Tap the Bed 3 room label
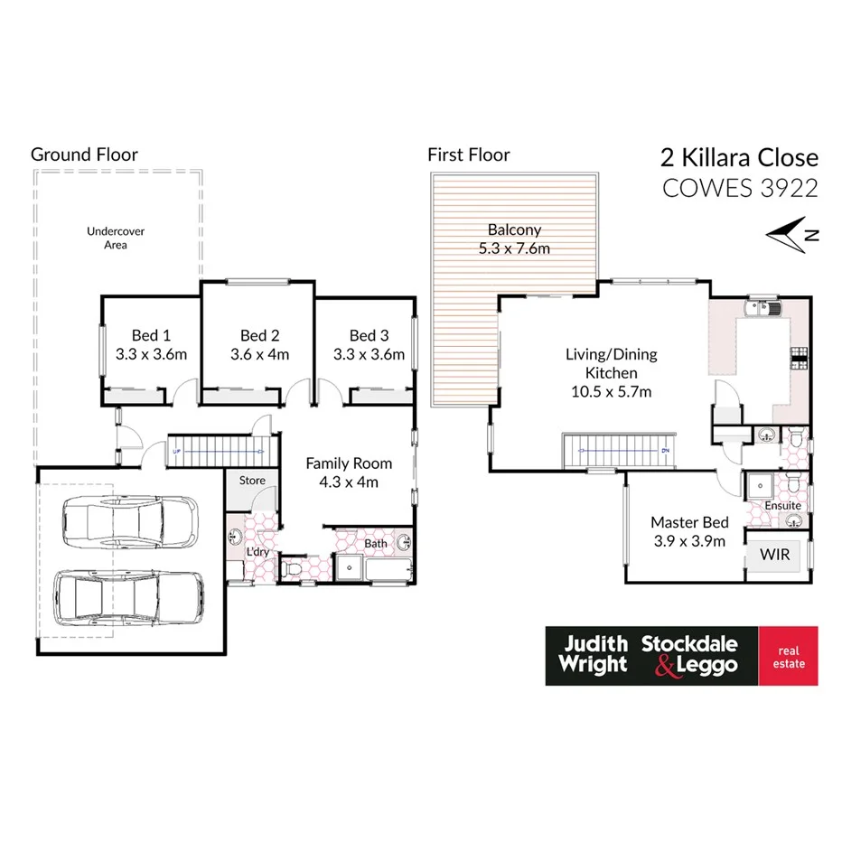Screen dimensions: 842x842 click(x=369, y=335)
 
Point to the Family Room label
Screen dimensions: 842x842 click(x=349, y=463)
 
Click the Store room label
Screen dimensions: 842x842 click(x=252, y=480)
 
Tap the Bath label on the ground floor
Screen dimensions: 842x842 click(x=375, y=544)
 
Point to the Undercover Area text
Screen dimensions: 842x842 click(x=116, y=238)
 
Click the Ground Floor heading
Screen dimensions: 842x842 click(x=84, y=154)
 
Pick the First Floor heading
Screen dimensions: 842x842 click(x=468, y=155)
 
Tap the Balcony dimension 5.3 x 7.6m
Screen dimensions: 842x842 click(x=514, y=248)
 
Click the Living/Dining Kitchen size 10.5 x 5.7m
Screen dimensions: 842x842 click(x=611, y=391)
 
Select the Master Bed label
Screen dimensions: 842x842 click(x=690, y=522)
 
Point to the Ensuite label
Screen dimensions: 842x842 click(x=782, y=506)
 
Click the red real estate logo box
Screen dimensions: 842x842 click(x=787, y=656)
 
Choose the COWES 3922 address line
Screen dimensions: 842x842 click(x=740, y=188)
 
